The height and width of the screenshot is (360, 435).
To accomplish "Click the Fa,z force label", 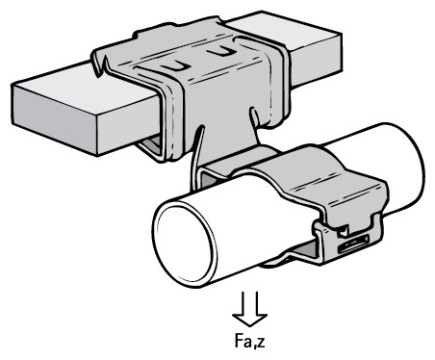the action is [x=250, y=341].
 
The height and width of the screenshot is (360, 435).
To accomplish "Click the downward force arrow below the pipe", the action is [x=250, y=309].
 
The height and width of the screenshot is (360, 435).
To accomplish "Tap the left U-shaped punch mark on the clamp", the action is [x=175, y=66].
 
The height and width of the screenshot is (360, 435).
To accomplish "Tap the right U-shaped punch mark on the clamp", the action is [x=221, y=51].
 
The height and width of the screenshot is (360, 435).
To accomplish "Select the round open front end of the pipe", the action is [x=185, y=242].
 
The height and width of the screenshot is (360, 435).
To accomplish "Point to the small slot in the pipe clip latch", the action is [x=352, y=245].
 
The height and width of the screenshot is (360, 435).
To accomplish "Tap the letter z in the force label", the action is [x=262, y=343].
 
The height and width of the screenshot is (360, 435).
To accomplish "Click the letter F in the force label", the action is [x=239, y=341].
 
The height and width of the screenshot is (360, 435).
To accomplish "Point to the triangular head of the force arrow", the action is [x=250, y=321].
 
